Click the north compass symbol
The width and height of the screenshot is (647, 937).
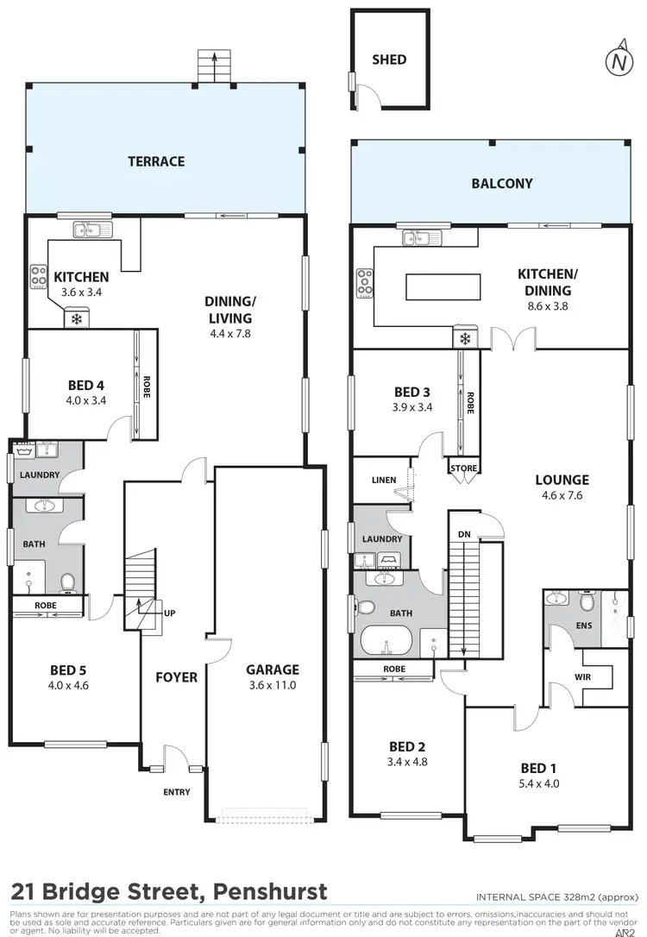click(x=618, y=61)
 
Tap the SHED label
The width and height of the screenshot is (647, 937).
click(x=389, y=60)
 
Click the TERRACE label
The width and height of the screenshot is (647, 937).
click(x=156, y=161)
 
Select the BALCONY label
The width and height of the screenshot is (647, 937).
click(x=501, y=184)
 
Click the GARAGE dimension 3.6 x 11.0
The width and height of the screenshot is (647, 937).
click(x=273, y=686)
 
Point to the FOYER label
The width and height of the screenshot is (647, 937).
click(x=176, y=677)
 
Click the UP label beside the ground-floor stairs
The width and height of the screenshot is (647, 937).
click(x=170, y=613)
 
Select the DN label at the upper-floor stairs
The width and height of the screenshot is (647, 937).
click(x=464, y=535)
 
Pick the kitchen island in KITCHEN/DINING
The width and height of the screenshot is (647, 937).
click(x=441, y=285)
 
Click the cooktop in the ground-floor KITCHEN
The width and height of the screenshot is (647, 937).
click(x=39, y=275)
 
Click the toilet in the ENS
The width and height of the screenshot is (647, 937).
click(x=587, y=601)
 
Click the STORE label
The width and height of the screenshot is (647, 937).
click(x=462, y=469)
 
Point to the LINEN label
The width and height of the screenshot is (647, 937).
click(x=383, y=481)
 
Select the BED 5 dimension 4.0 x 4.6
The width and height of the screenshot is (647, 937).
click(x=70, y=687)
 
